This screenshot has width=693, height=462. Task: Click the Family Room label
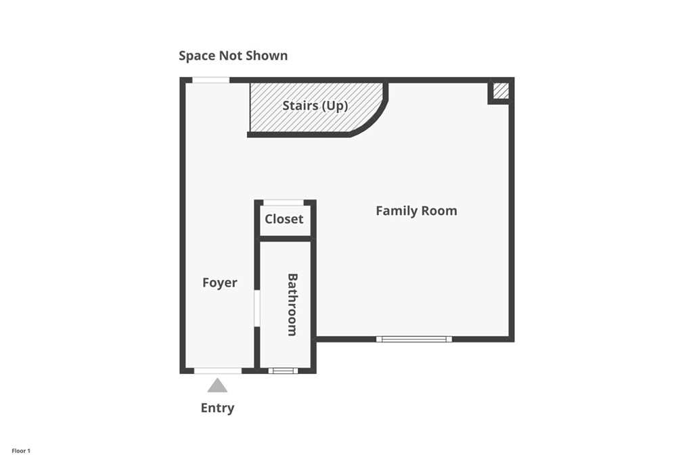click(416, 211)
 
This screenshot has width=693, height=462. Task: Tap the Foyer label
click(220, 283)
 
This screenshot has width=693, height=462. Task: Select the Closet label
click(284, 219)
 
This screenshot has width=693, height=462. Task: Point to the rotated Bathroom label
click(292, 304)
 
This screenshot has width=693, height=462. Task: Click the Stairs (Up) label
click(315, 106)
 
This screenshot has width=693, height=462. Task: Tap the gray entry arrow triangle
click(217, 386)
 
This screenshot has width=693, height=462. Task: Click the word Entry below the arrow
click(217, 408)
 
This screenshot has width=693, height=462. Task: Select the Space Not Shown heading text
click(233, 55)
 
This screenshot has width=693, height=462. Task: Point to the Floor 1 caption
click(21, 451)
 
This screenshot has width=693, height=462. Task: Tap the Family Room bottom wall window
click(413, 339)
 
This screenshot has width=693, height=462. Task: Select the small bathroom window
click(283, 371)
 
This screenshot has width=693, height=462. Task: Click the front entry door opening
click(217, 371)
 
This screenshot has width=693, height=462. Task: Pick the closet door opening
click(284, 202)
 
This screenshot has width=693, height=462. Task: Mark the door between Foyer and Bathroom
click(257, 308)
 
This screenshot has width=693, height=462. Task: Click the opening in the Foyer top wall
click(210, 80)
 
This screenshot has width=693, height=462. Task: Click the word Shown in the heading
click(267, 55)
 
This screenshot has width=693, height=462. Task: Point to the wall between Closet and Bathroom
click(285, 238)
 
